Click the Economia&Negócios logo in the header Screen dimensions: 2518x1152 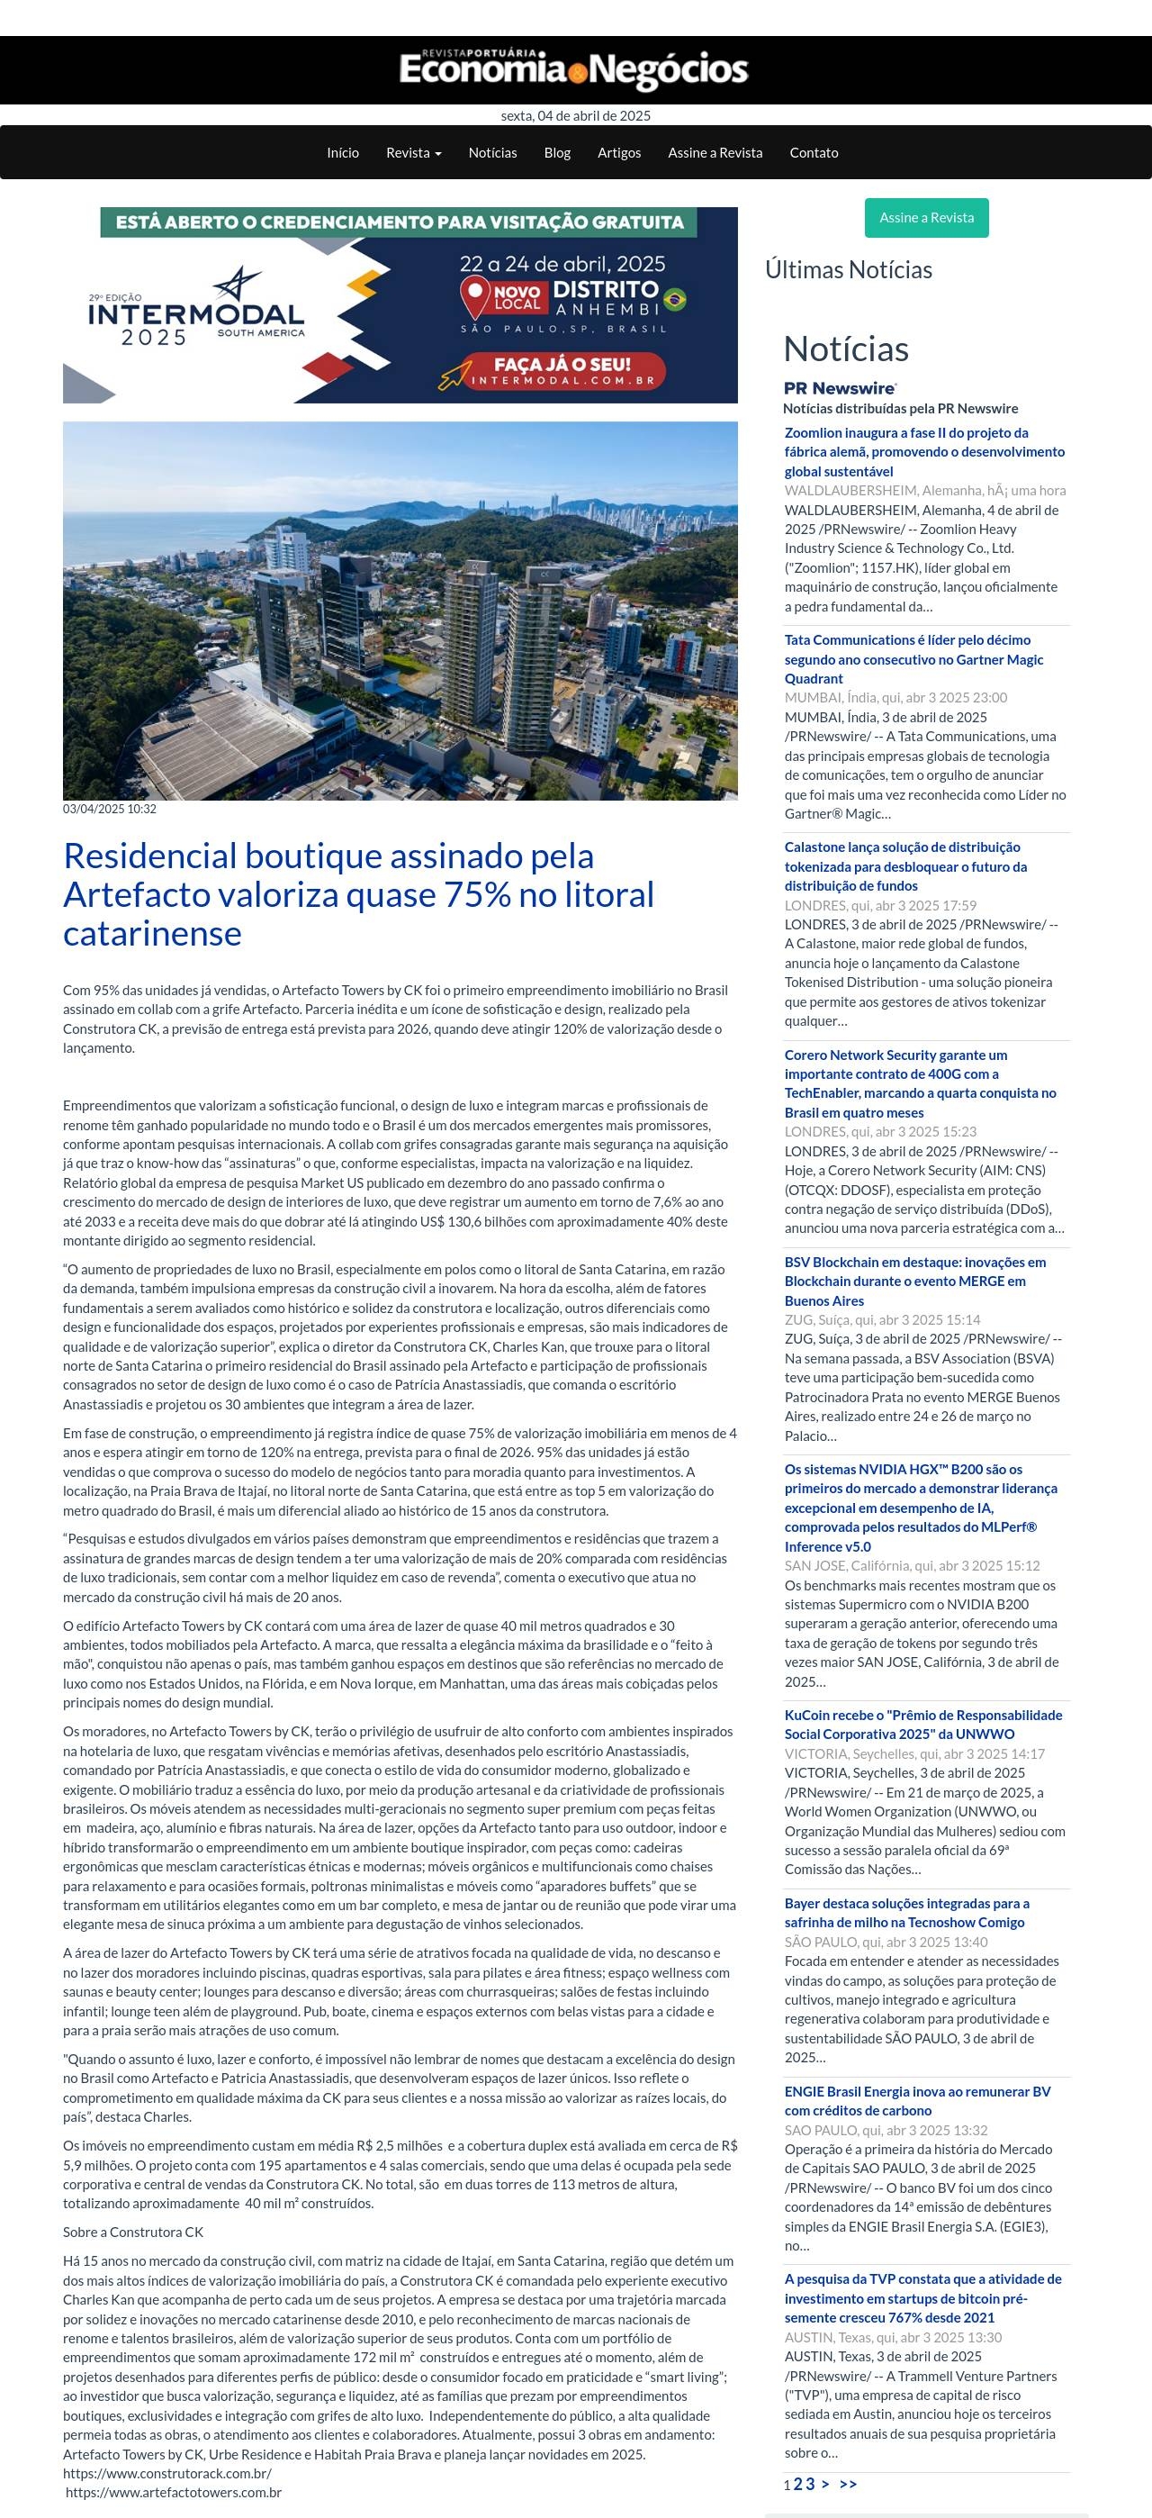click(573, 69)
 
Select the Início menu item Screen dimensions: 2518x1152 click(343, 152)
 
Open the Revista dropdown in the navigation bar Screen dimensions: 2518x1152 click(413, 152)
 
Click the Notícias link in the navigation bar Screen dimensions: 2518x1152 click(492, 152)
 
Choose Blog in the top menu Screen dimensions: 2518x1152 click(557, 152)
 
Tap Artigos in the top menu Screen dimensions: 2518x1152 click(619, 152)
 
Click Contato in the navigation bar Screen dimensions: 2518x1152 click(814, 152)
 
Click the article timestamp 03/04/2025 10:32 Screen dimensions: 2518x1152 click(110, 809)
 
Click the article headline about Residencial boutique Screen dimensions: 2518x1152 click(358, 893)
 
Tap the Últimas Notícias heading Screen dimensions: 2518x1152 click(848, 270)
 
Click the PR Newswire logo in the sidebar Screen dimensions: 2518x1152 click(841, 388)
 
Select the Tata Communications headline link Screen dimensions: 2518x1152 click(913, 659)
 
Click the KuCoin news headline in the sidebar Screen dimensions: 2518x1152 click(922, 1724)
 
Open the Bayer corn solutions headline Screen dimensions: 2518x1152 click(905, 1912)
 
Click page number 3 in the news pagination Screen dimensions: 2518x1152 click(810, 2484)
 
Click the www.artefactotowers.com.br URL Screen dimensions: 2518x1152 click(174, 2492)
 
